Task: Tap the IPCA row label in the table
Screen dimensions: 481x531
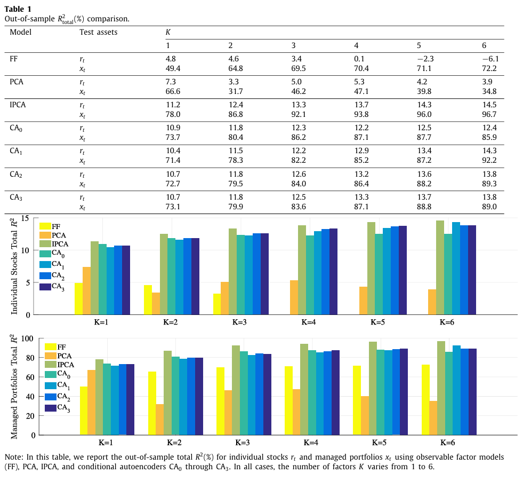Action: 18,105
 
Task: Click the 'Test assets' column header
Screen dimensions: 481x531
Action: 99,31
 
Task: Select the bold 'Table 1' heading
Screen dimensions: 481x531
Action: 18,9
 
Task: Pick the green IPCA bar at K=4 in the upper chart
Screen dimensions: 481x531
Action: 302,270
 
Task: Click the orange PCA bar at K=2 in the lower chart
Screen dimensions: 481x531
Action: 159,419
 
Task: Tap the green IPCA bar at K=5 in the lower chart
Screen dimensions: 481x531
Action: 373,388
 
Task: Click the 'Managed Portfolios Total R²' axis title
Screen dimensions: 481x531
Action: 15,386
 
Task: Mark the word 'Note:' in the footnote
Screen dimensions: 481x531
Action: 14,458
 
